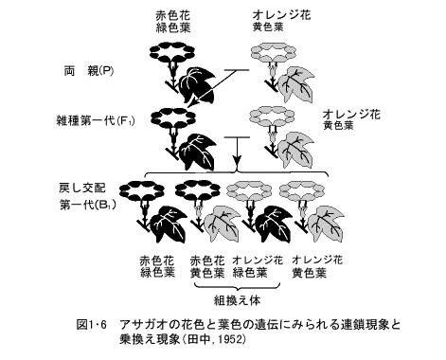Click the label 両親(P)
pyautogui.click(x=89, y=71)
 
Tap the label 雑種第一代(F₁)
pyautogui.click(x=96, y=120)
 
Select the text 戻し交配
pyautogui.click(x=82, y=188)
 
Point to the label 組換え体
pyautogui.click(x=237, y=301)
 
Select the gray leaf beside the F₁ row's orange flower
pyautogui.click(x=296, y=150)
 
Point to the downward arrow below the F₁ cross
pyautogui.click(x=237, y=150)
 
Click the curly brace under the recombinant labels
pyautogui.click(x=237, y=286)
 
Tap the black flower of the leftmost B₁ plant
pyautogui.click(x=142, y=190)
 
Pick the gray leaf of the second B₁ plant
pyautogui.click(x=222, y=224)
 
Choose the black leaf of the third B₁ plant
pyautogui.click(x=273, y=224)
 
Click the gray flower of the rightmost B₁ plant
pyautogui.click(x=302, y=190)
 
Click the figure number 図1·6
pyautogui.click(x=92, y=324)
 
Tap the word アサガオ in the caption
pyautogui.click(x=143, y=324)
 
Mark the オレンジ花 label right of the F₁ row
pyautogui.click(x=351, y=114)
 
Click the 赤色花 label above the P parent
pyautogui.click(x=172, y=15)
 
